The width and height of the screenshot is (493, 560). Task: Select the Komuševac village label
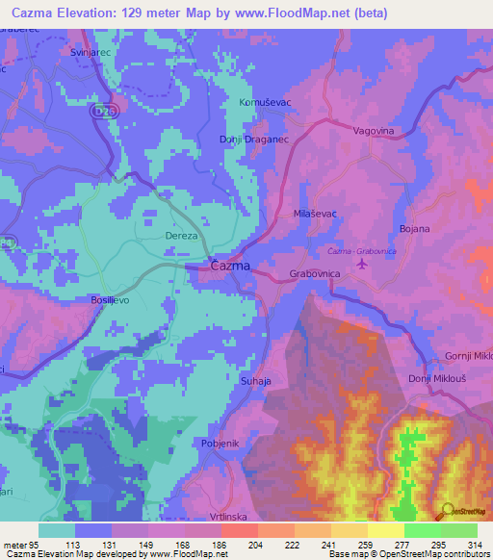click(263, 101)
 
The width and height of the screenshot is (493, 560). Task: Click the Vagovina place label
click(376, 130)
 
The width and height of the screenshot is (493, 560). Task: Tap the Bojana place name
click(414, 229)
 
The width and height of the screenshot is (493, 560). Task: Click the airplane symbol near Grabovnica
click(362, 263)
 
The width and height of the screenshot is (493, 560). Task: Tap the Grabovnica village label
click(317, 274)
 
